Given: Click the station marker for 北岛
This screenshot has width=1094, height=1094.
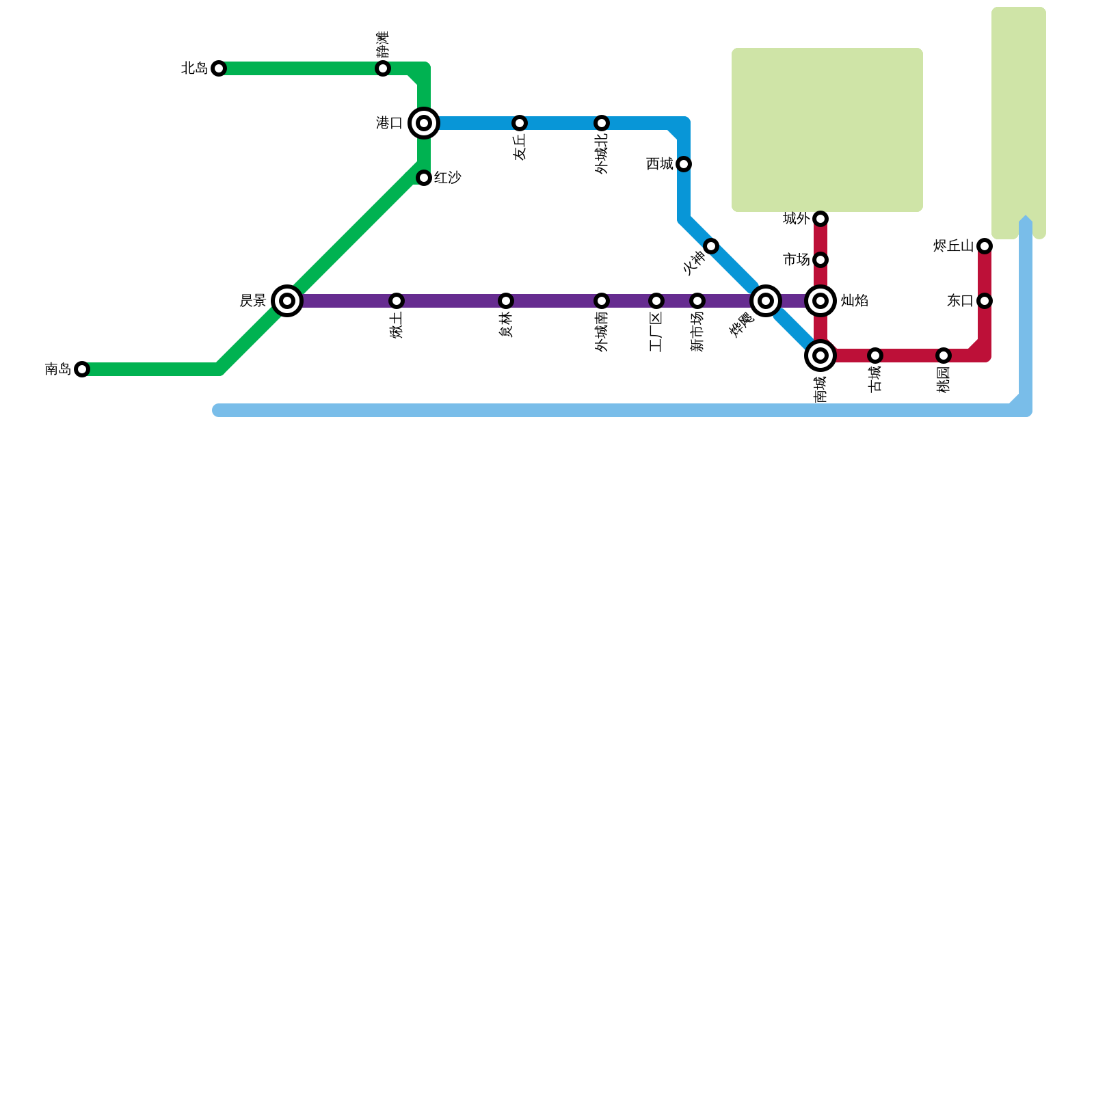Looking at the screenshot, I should pyautogui.click(x=219, y=68).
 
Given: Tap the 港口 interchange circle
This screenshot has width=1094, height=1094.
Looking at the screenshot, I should pyautogui.click(x=424, y=123).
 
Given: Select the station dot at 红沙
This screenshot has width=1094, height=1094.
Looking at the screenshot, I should pyautogui.click(x=424, y=178).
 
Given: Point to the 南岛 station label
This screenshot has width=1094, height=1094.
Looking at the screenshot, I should pyautogui.click(x=58, y=369).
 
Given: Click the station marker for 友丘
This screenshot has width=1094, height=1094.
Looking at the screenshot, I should pyautogui.click(x=520, y=123).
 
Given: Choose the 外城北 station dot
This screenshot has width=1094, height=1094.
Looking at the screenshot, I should pyautogui.click(x=602, y=123).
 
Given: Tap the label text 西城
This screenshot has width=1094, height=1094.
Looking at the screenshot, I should pyautogui.click(x=660, y=164).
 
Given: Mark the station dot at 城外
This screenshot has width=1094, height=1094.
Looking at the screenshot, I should pyautogui.click(x=820, y=219).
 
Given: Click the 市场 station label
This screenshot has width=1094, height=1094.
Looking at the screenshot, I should pyautogui.click(x=797, y=260).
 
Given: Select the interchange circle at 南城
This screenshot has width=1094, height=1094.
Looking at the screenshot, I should pyautogui.click(x=820, y=356).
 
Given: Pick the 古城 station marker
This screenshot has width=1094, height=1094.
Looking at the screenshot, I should pyautogui.click(x=875, y=356).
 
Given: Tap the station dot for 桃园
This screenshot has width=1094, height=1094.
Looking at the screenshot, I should pyautogui.click(x=944, y=356).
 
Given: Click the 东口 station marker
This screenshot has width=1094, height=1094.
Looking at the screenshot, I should pyautogui.click(x=985, y=301).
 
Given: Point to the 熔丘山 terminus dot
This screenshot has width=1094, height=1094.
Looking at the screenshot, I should pyautogui.click(x=985, y=246).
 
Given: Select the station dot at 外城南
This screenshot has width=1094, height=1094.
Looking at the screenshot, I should pyautogui.click(x=602, y=301).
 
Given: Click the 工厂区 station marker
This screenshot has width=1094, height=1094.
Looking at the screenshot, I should pyautogui.click(x=656, y=301).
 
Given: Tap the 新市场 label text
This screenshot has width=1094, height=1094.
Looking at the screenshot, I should pyautogui.click(x=697, y=332).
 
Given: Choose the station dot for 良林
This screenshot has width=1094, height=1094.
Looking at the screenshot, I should pyautogui.click(x=506, y=301).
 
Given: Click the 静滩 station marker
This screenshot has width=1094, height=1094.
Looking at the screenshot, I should pyautogui.click(x=383, y=68).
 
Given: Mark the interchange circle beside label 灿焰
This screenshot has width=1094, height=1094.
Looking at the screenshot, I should pyautogui.click(x=820, y=301).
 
